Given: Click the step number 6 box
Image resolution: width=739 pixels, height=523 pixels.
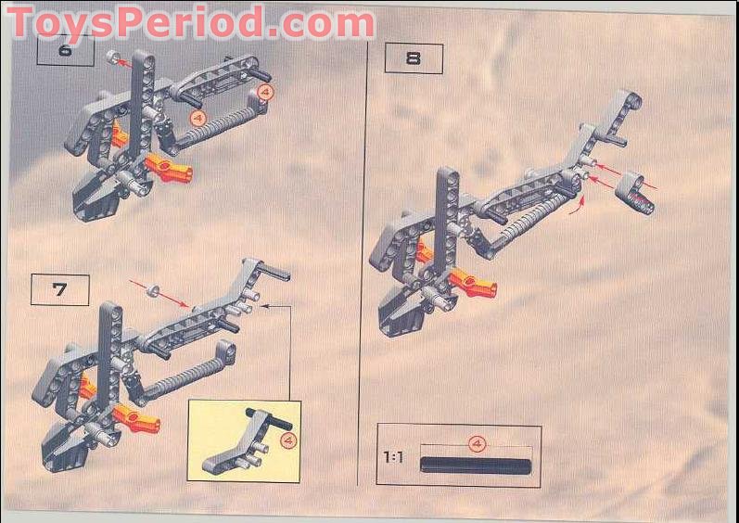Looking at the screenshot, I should [65, 49].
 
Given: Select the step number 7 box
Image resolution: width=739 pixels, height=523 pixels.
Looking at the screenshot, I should [59, 289].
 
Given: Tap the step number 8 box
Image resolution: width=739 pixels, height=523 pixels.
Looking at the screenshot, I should [414, 58].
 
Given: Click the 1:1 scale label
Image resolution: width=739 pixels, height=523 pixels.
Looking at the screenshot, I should [393, 457].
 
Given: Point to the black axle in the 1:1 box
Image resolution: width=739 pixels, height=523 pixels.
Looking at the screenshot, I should [476, 464].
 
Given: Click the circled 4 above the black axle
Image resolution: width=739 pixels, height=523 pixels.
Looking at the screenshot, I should [477, 444].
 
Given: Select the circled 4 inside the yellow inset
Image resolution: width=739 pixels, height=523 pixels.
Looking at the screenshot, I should [287, 440].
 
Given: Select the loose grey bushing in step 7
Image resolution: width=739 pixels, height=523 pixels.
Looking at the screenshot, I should [151, 289].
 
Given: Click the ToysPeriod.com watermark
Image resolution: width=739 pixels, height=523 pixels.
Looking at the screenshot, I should [190, 22].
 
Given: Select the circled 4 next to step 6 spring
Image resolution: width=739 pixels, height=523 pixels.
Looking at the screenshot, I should [196, 118].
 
